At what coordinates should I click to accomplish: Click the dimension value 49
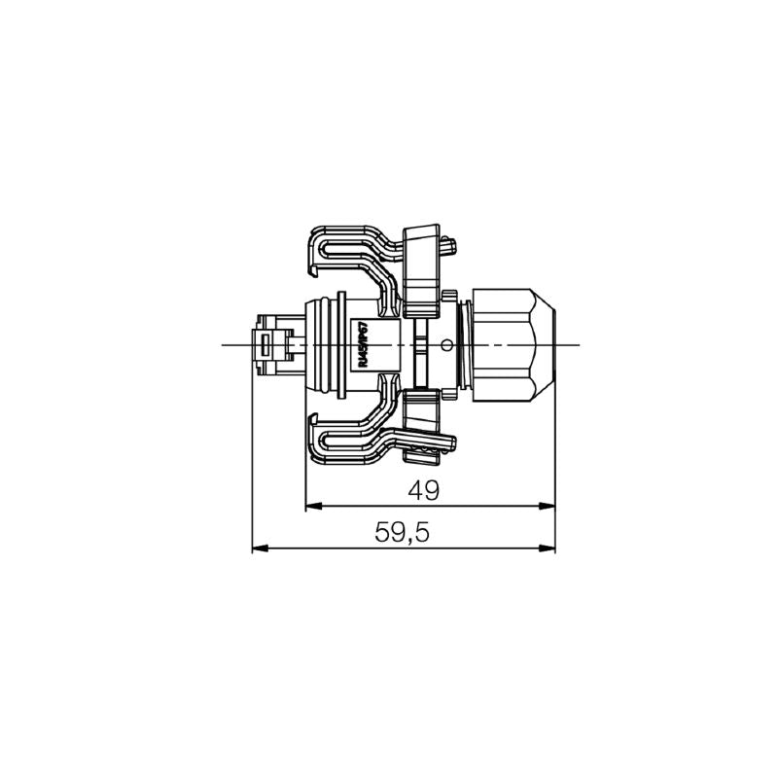click(x=424, y=491)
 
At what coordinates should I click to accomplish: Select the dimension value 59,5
click(x=403, y=533)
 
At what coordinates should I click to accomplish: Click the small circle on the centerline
click(x=446, y=344)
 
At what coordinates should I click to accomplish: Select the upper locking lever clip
click(x=350, y=253)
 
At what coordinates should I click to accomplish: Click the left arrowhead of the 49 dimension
click(x=312, y=507)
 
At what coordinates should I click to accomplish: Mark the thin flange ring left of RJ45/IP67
click(x=341, y=344)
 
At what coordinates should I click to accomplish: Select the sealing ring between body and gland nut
click(x=466, y=344)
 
